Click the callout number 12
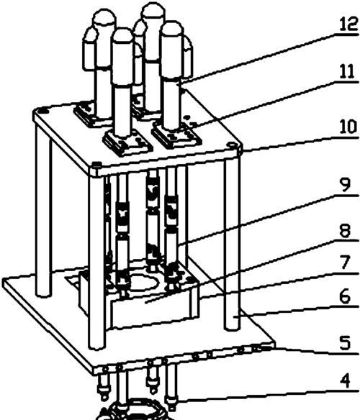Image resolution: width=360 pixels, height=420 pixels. pyautogui.click(x=348, y=24)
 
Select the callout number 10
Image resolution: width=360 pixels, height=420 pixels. pyautogui.click(x=348, y=127)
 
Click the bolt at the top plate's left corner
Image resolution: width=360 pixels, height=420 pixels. pyautogui.click(x=43, y=110)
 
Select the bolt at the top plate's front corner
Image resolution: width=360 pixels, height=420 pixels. pyautogui.click(x=96, y=164)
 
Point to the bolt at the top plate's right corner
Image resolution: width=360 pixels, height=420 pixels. pyautogui.click(x=230, y=145)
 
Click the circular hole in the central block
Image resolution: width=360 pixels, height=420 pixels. pyautogui.click(x=142, y=283)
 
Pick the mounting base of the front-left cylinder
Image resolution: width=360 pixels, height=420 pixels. pyautogui.click(x=126, y=143)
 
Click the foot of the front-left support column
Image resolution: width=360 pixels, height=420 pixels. pyautogui.click(x=96, y=347)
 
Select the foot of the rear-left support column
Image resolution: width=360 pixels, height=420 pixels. pyautogui.click(x=43, y=294)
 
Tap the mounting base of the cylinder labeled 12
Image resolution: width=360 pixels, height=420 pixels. pyautogui.click(x=176, y=135)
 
